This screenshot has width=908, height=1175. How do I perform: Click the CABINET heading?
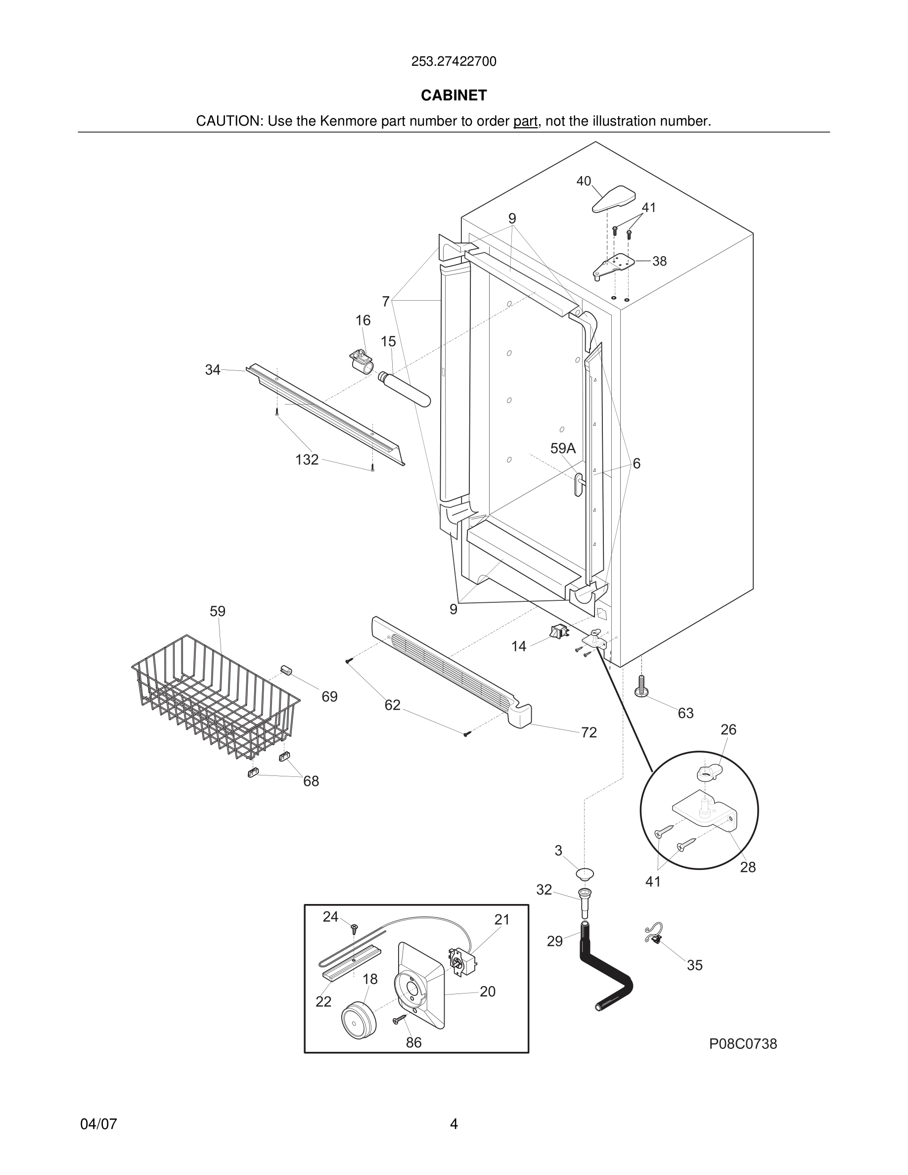point(454,95)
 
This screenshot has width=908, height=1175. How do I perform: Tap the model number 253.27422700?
point(454,62)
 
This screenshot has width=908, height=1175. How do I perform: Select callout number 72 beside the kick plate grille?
point(589,732)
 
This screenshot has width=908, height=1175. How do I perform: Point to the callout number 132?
point(307,459)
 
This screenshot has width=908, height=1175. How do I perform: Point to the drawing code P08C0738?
point(743,1044)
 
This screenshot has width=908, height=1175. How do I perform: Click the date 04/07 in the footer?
point(98,1124)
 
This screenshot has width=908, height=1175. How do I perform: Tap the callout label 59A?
point(563,448)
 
